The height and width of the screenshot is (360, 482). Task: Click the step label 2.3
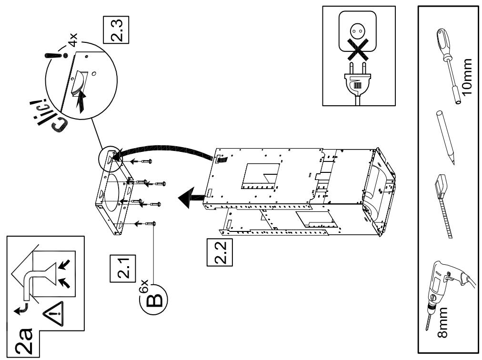(116, 30)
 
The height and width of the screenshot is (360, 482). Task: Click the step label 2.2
(220, 252)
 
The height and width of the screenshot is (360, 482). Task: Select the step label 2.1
(123, 269)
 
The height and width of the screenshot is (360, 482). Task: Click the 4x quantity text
(73, 40)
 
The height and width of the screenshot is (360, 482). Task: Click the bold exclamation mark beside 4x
(56, 56)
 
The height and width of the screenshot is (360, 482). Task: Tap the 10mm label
(467, 77)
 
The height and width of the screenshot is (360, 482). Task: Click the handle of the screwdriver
(443, 42)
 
